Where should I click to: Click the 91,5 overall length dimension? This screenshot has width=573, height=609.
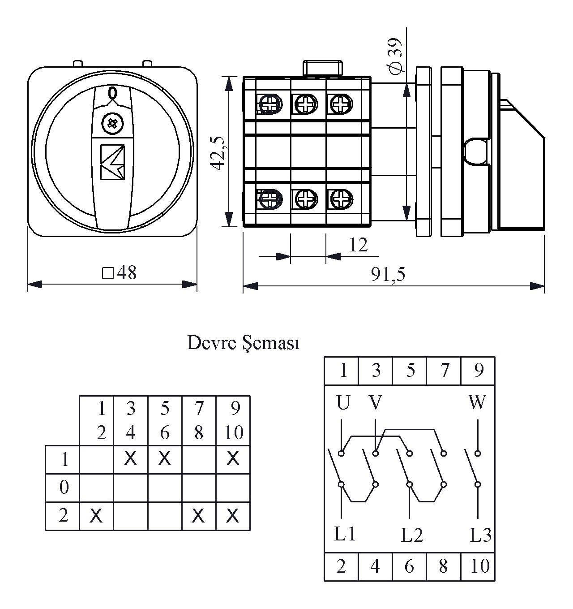tap(388, 274)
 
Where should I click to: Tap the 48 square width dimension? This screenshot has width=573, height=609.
tap(120, 272)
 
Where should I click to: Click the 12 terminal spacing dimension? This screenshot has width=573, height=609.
tap(358, 245)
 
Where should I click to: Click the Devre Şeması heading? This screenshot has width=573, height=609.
tap(243, 343)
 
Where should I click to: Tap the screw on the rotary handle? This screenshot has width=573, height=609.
tap(111, 123)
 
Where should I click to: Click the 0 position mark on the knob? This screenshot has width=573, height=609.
tap(112, 93)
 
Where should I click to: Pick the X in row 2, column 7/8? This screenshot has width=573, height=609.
tap(198, 516)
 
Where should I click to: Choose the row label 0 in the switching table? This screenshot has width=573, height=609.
tap(64, 487)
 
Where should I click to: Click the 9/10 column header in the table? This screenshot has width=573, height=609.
tap(233, 420)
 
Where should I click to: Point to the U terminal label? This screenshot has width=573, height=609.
tap(342, 403)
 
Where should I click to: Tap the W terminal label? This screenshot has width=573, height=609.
tap(477, 403)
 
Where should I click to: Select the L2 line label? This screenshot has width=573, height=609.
tap(412, 535)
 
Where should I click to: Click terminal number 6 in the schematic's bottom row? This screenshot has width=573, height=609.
tap(409, 566)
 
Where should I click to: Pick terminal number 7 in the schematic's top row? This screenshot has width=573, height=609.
tap(444, 371)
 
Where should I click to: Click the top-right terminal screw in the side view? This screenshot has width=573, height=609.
tap(341, 104)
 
